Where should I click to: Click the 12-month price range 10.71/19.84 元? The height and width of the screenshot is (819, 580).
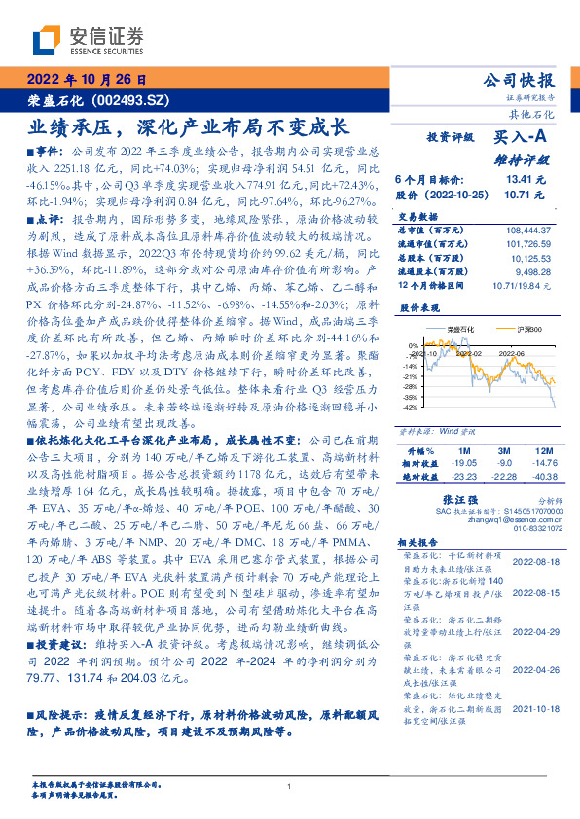tap(521, 286)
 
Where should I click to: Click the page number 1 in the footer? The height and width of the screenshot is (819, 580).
tap(290, 787)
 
